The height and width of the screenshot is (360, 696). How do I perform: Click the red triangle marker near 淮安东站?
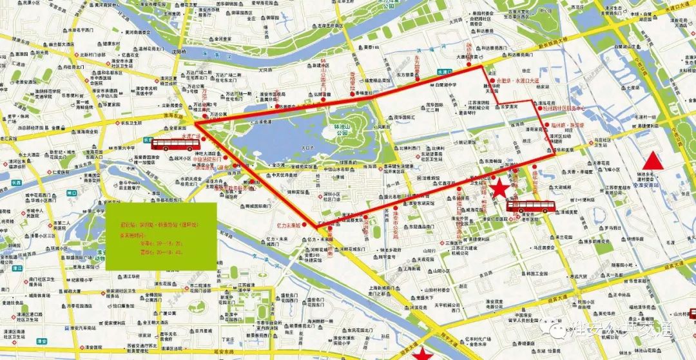coord(654,160)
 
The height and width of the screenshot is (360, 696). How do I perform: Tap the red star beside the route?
coord(498,189)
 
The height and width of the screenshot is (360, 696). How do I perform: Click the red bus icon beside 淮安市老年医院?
coord(530,206)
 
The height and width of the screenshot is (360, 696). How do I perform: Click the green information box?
coord(162,236)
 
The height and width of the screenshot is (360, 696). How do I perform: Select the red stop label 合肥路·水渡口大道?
coord(517,82)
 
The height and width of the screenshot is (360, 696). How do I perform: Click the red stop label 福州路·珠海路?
coord(568,125)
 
